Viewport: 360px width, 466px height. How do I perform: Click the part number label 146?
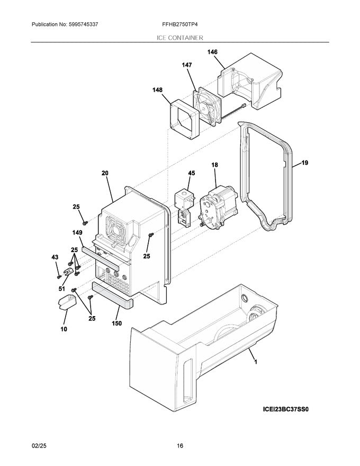tap(212, 52)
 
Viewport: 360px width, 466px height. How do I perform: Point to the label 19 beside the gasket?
tap(304, 164)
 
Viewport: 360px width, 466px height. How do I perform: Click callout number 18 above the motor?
tap(215, 166)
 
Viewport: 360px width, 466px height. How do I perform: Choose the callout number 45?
tap(191, 173)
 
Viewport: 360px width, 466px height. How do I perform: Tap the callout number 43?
tap(55, 257)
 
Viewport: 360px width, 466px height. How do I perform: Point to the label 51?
tap(61, 289)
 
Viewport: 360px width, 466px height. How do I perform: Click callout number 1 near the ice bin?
tap(256, 363)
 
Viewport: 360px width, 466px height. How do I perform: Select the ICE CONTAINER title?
tap(179, 38)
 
